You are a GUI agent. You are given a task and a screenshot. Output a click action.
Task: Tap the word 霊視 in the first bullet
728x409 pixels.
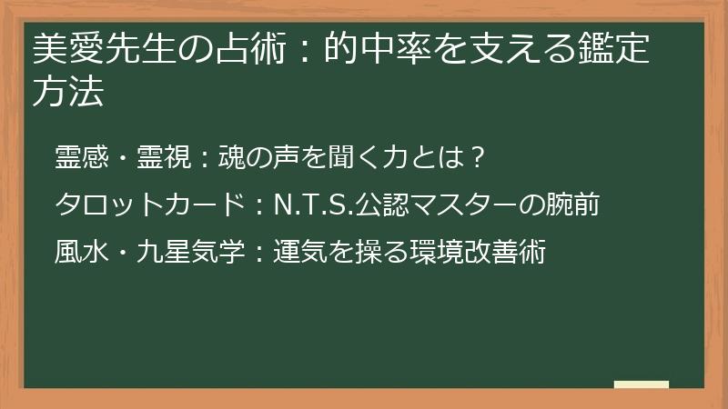[164, 157]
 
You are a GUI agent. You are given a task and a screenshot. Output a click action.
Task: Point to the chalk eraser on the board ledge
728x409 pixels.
[642, 384]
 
